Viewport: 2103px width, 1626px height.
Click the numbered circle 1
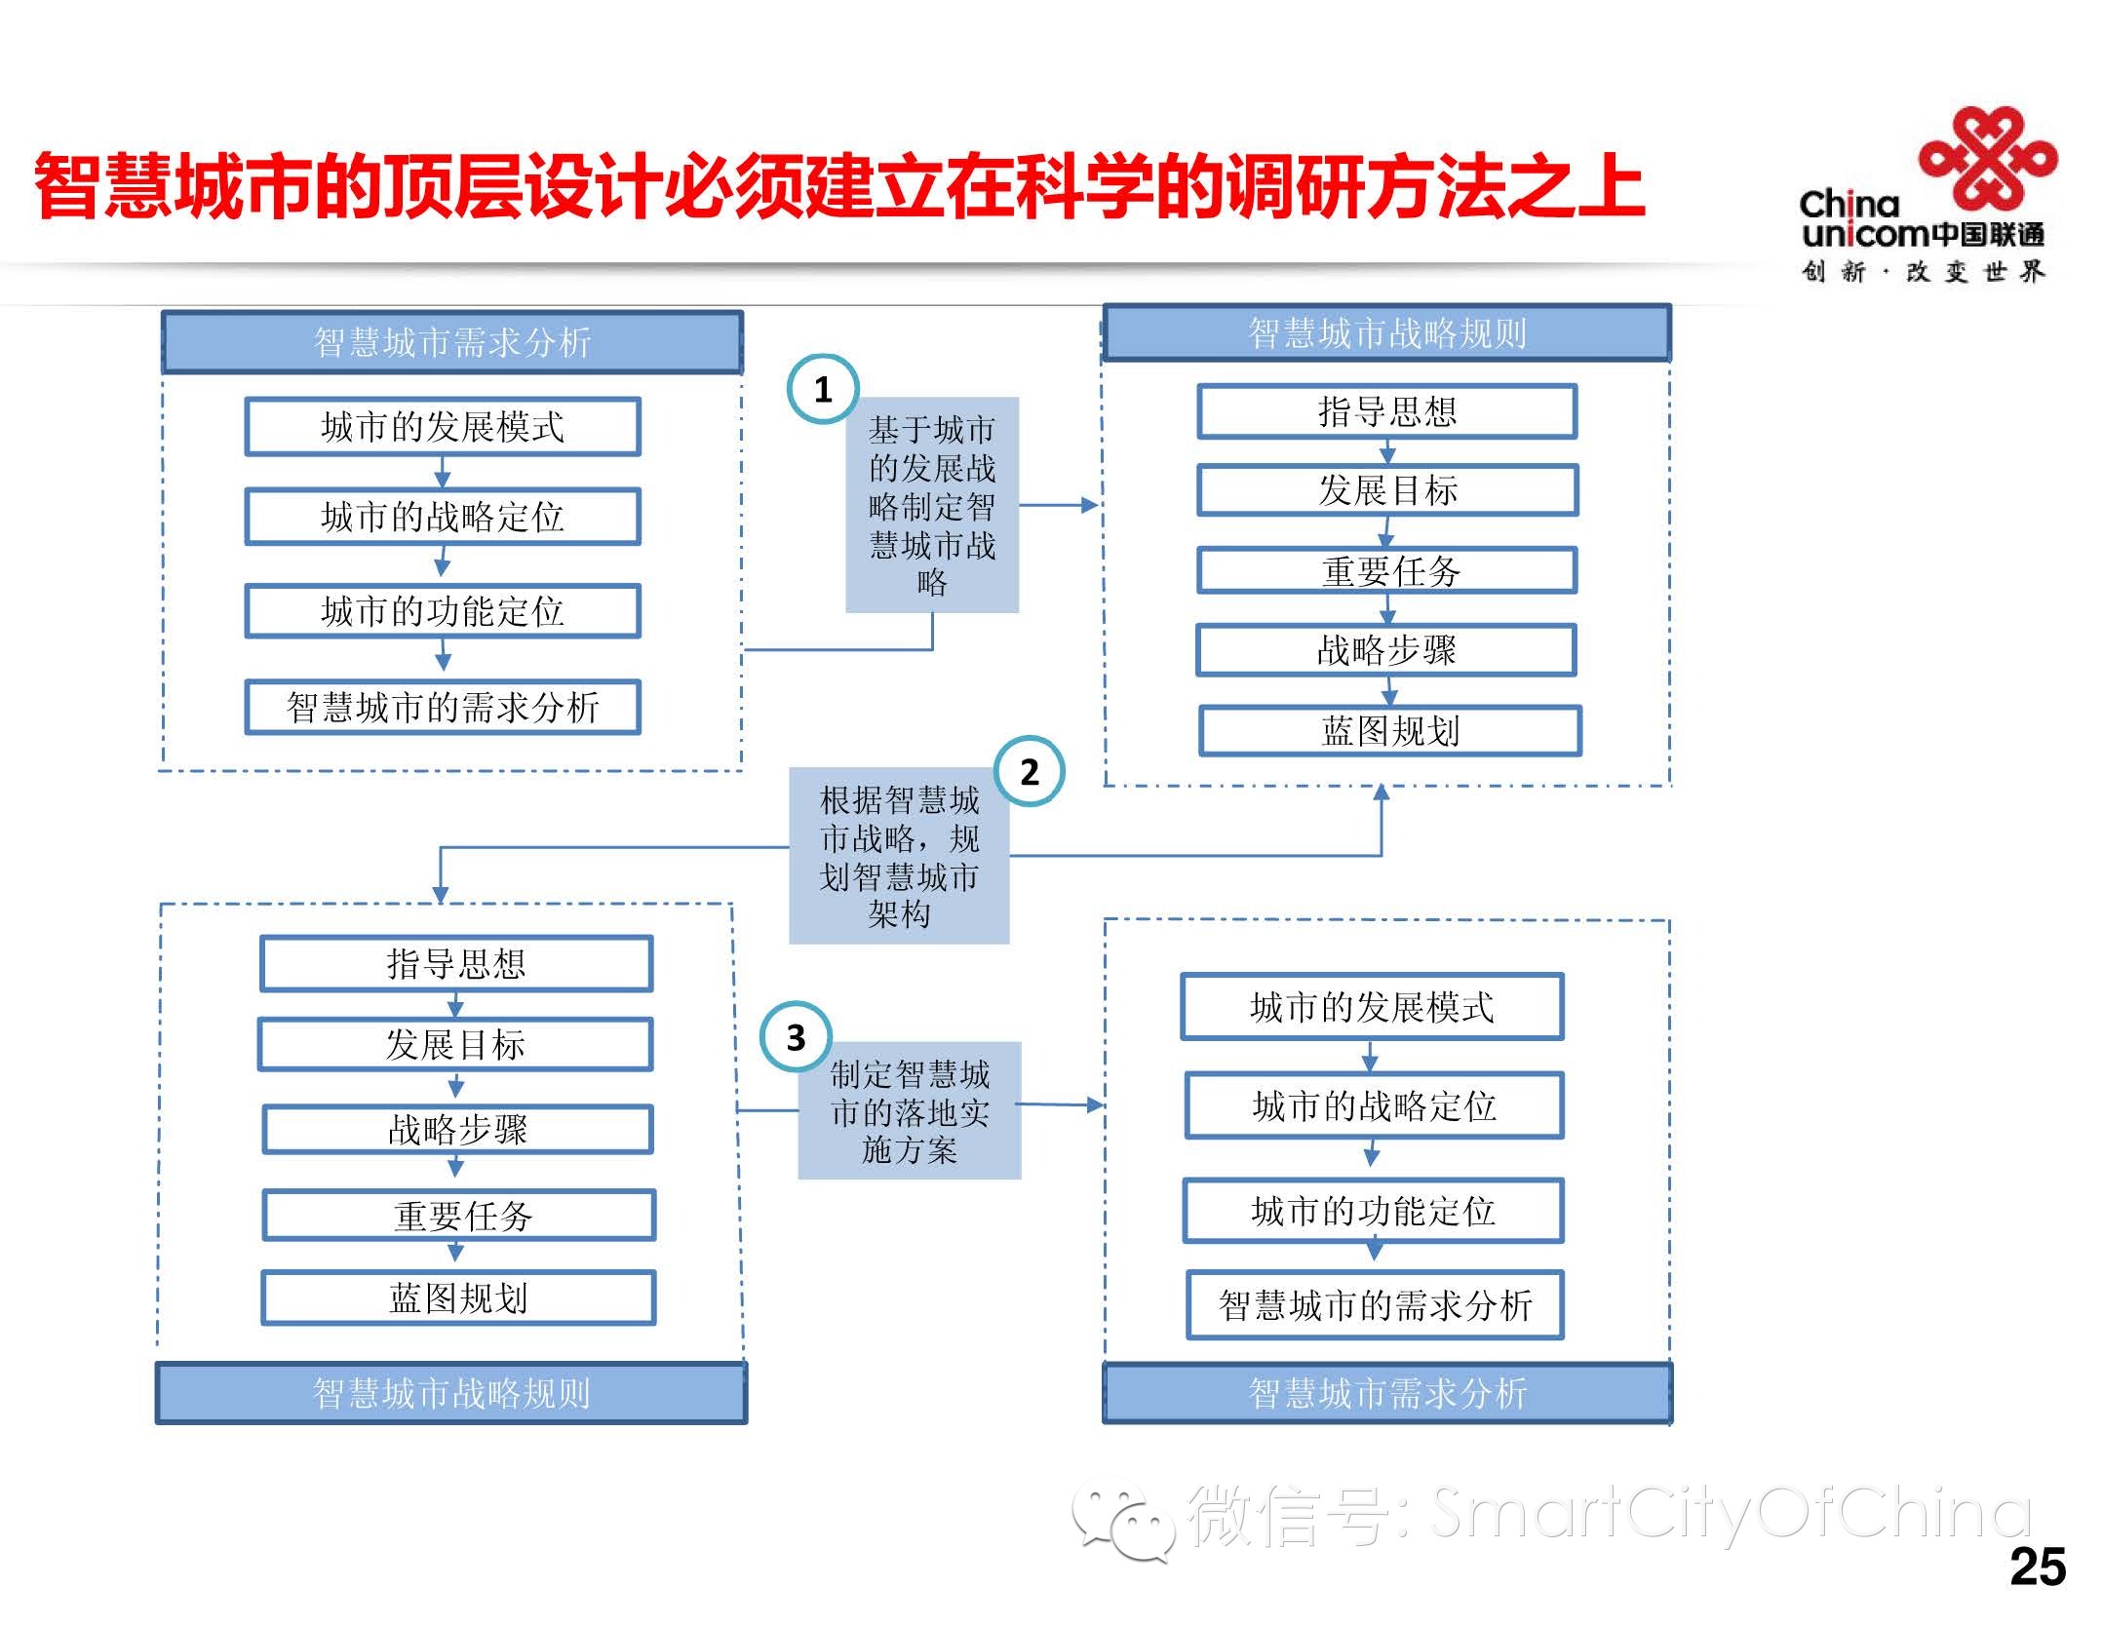(x=822, y=389)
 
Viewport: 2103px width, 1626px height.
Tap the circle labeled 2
(x=1029, y=771)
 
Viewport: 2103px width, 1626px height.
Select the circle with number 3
(x=796, y=1037)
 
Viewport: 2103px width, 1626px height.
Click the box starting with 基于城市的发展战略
(x=931, y=504)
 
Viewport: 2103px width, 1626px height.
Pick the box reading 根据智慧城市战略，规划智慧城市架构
(x=898, y=855)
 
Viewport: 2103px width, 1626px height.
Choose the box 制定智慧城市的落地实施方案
(x=909, y=1110)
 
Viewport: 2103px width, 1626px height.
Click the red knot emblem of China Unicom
(x=1987, y=156)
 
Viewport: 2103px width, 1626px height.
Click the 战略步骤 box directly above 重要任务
(x=457, y=1129)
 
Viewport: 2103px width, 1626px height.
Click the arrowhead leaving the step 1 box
(x=1089, y=505)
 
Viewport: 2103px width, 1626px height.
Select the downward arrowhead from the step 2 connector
(x=440, y=894)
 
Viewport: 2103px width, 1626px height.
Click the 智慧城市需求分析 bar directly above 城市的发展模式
(x=452, y=342)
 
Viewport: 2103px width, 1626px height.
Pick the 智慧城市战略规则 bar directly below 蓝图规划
(x=451, y=1393)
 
